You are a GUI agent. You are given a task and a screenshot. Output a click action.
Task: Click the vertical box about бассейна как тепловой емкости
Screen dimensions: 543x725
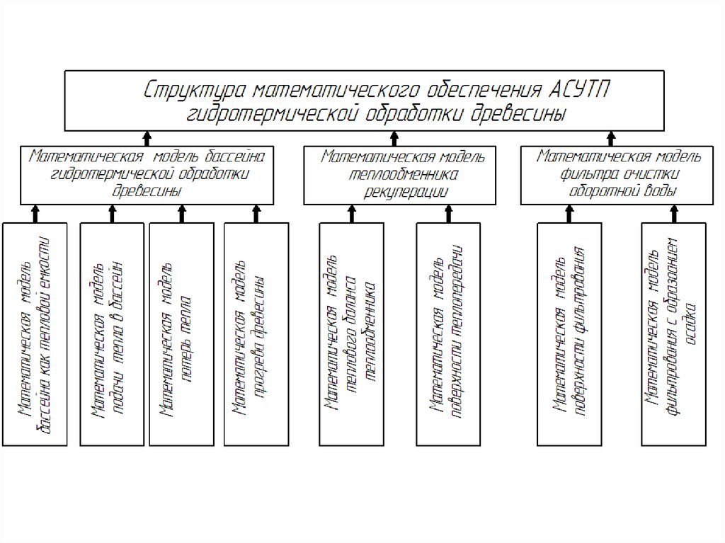(35, 334)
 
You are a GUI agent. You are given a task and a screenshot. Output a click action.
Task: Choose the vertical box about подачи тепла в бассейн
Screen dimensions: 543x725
(113, 334)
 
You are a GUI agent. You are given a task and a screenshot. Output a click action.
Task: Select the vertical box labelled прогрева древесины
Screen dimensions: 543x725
(256, 334)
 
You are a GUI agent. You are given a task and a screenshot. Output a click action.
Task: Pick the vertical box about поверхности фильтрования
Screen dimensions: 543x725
(569, 334)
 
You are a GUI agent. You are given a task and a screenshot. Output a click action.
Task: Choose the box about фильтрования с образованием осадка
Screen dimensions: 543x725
(673, 334)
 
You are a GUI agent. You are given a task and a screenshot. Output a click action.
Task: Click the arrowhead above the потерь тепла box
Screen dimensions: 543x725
(182, 210)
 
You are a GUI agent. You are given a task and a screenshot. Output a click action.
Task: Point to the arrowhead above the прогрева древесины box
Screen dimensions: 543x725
(256, 210)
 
